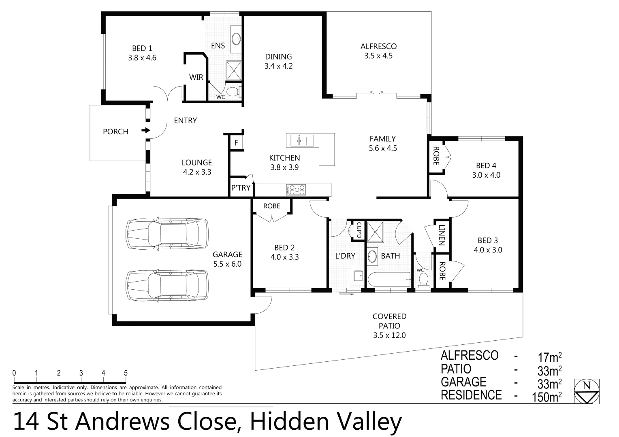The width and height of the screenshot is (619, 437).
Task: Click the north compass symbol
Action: [586, 391]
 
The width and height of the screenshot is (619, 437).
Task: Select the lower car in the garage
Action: [167, 285]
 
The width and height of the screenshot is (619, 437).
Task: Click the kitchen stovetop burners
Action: [296, 189]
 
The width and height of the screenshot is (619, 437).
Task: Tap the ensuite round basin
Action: [236, 39]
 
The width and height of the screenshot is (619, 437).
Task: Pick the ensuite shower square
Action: [233, 70]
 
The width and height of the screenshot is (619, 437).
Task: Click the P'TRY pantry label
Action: [241, 188]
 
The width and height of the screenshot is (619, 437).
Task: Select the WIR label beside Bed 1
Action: [196, 77]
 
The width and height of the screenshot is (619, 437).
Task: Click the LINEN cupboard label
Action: [442, 235]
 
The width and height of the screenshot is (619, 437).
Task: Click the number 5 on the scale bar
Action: [126, 373]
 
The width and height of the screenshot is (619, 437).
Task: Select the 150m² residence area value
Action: [547, 396]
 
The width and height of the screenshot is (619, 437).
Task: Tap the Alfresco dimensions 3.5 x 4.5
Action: [378, 56]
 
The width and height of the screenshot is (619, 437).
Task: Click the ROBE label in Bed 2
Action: [271, 206]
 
